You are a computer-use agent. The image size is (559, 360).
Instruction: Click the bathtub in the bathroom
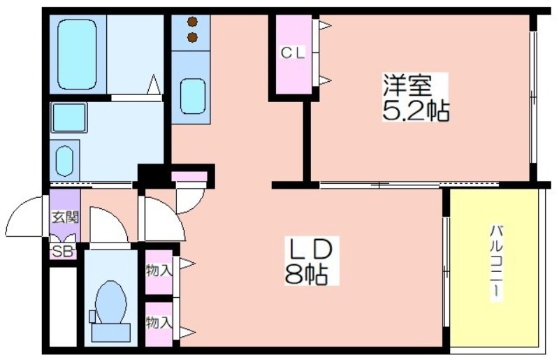76,55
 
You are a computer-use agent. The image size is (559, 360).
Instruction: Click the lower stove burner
192,37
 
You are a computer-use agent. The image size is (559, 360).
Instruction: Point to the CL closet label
293,52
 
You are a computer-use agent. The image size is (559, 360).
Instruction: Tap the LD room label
311,248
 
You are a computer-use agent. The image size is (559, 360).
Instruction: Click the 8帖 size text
307,274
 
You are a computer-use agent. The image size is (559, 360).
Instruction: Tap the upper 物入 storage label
159,269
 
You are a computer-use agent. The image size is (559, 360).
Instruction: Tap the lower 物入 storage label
159,322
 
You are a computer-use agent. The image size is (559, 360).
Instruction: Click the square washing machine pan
68,117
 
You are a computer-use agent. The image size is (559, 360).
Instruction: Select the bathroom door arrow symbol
154,85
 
